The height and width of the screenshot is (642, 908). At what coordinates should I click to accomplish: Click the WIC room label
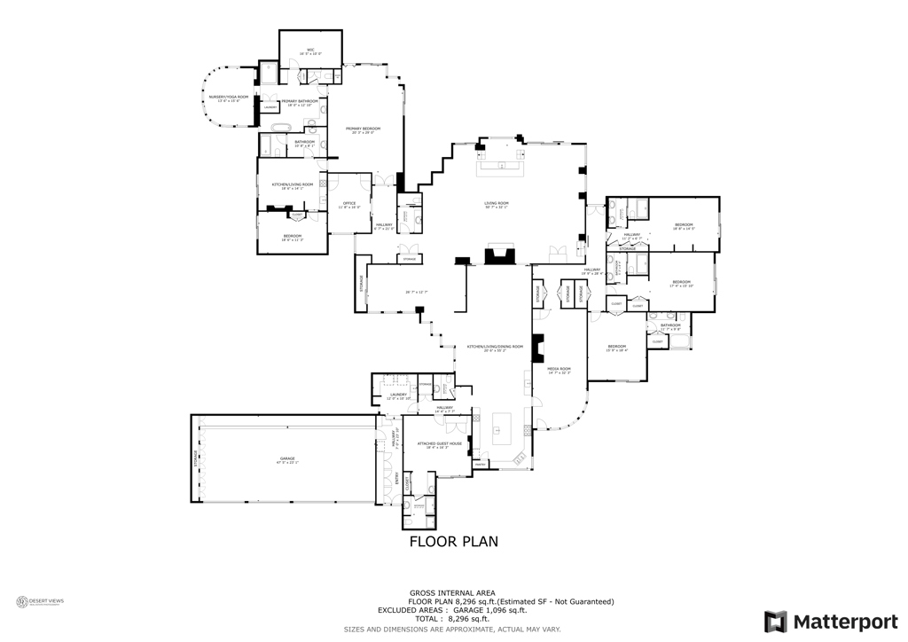pyautogui.click(x=311, y=51)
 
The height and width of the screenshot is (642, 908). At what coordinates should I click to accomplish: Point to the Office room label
pyautogui.click(x=348, y=205)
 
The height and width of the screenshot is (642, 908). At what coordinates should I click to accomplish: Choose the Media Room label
pyautogui.click(x=560, y=370)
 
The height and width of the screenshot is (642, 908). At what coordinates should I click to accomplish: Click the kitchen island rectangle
pyautogui.click(x=501, y=429)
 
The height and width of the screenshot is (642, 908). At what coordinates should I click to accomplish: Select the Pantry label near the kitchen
pyautogui.click(x=480, y=464)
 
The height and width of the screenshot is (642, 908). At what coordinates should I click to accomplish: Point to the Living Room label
pyautogui.click(x=497, y=205)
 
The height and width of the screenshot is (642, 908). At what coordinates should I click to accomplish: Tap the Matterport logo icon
pyautogui.click(x=776, y=621)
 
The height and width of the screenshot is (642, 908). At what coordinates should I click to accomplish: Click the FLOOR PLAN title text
pyautogui.click(x=453, y=540)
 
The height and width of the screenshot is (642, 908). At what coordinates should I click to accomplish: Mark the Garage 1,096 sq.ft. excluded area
pyautogui.click(x=489, y=610)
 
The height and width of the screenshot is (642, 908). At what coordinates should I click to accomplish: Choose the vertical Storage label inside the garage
pyautogui.click(x=196, y=459)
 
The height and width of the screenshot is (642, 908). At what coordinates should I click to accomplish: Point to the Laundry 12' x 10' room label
pyautogui.click(x=398, y=395)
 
